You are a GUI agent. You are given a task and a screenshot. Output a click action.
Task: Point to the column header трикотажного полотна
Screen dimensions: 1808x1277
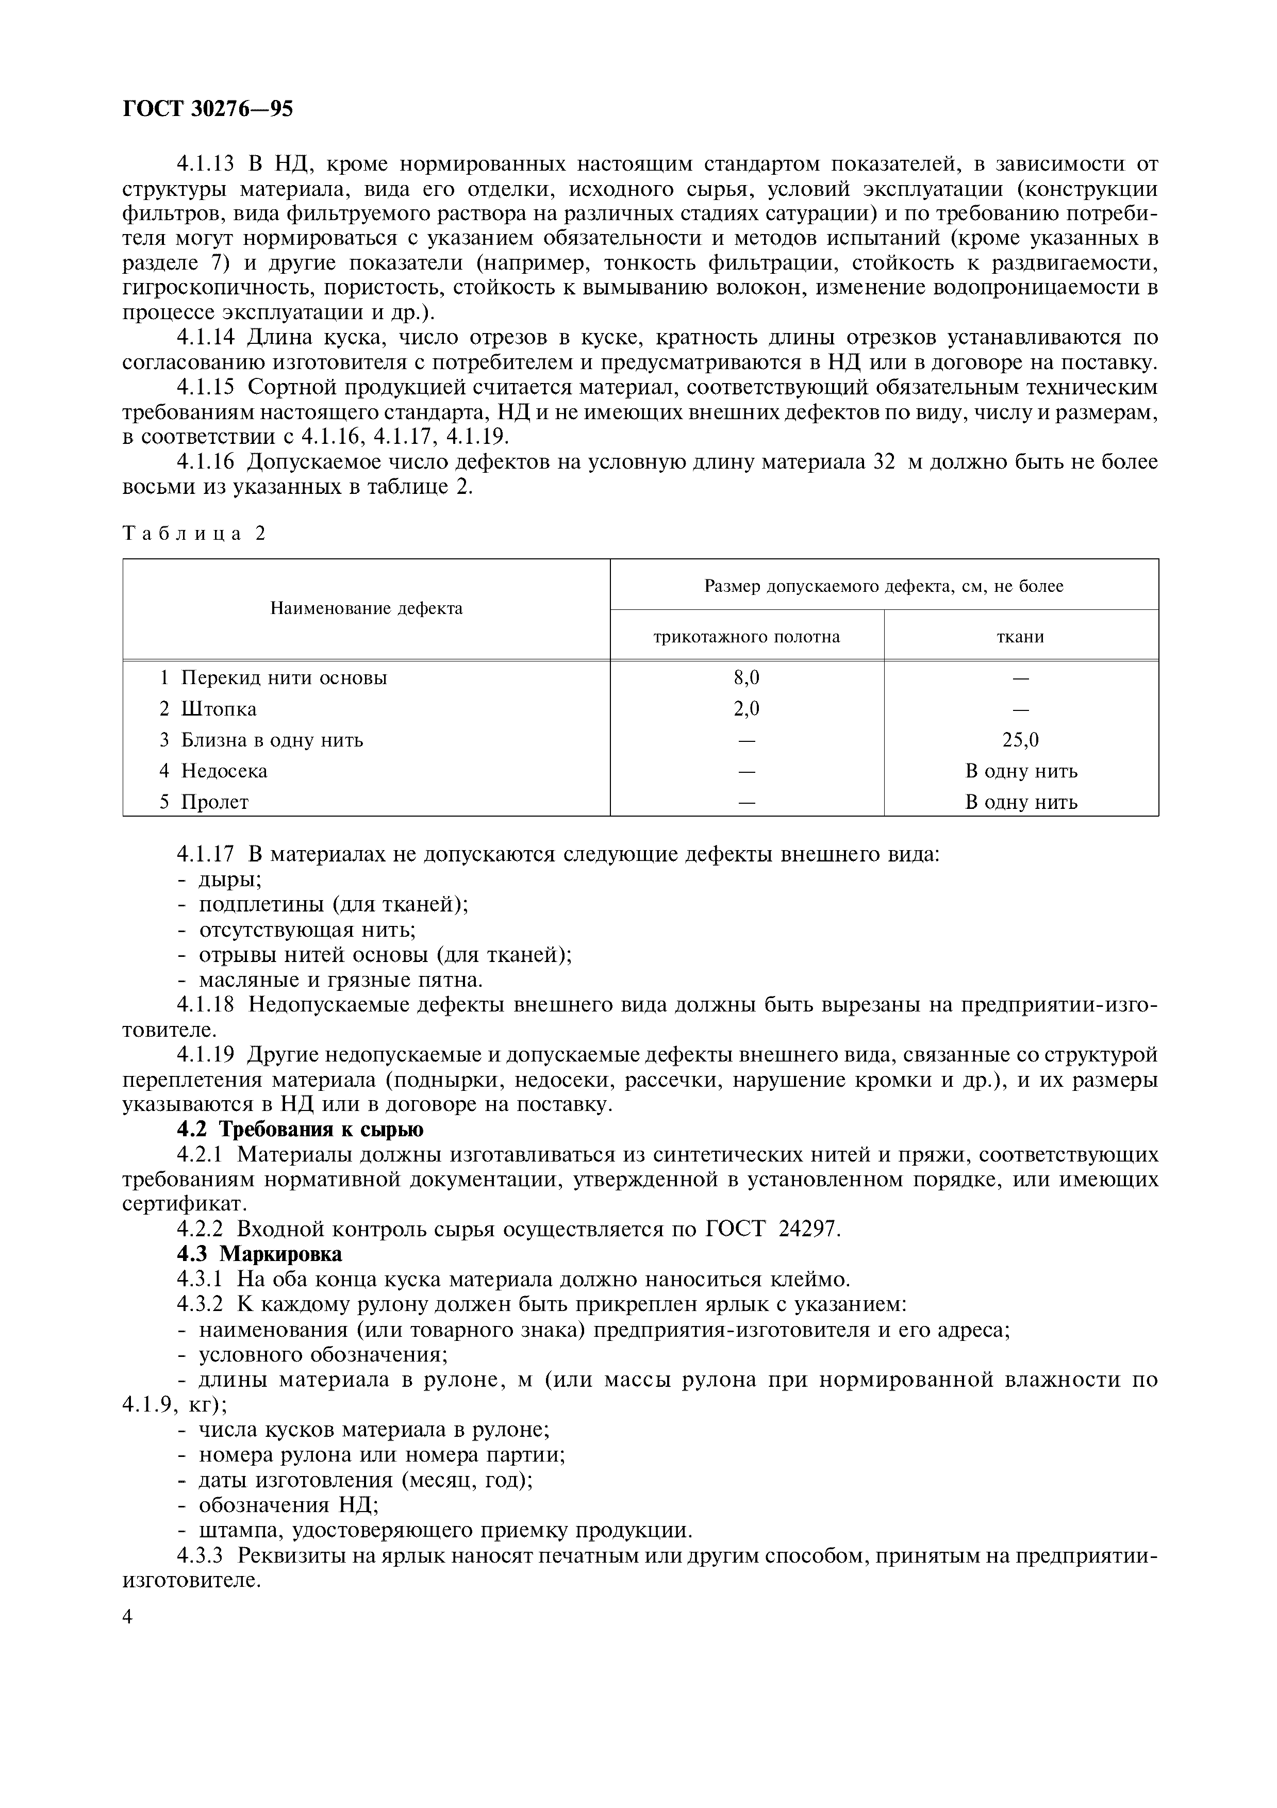coord(747,636)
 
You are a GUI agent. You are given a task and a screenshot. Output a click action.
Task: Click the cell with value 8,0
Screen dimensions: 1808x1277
coord(747,677)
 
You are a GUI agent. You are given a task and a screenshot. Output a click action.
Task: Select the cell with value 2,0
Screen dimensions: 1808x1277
coord(747,709)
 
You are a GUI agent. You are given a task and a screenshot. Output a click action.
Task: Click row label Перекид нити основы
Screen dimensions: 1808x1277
coord(284,677)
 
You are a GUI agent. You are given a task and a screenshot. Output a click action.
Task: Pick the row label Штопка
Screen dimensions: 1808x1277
coord(219,709)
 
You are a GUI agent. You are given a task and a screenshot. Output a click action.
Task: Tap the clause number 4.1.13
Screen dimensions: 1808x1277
coord(206,164)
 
